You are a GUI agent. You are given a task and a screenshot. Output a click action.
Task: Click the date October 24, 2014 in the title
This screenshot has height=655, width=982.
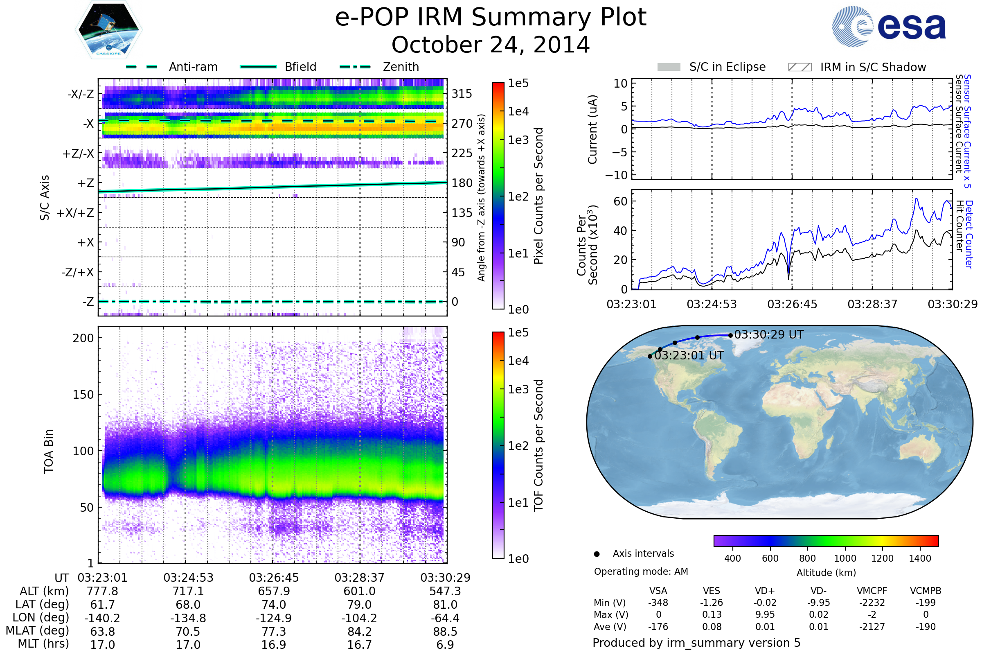(491, 45)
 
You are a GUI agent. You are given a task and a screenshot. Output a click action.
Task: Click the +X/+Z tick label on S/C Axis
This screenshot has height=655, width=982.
(75, 213)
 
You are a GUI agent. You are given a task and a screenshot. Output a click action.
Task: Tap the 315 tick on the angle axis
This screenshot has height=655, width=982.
(462, 94)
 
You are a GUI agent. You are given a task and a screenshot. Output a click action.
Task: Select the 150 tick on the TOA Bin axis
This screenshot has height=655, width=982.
(83, 395)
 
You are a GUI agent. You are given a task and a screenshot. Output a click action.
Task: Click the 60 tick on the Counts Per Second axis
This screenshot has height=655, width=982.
(620, 201)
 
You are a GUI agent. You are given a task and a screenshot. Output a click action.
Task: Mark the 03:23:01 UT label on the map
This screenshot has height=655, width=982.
(689, 355)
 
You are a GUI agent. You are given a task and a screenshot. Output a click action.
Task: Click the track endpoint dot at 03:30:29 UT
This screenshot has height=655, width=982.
(730, 335)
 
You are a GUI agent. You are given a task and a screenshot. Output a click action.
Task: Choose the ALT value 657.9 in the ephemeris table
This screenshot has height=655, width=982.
(274, 592)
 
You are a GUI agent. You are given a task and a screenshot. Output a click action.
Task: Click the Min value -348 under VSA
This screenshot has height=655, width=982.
(658, 603)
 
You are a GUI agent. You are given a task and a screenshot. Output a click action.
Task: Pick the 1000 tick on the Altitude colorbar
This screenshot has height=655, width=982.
(845, 558)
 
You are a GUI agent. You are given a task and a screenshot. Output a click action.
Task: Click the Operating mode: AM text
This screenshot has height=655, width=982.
(641, 571)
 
